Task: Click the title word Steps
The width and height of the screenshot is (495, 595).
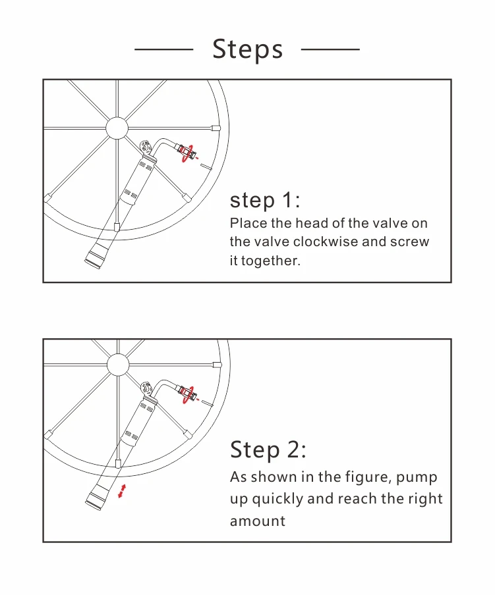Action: (247, 49)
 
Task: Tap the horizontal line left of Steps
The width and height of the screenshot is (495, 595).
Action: (163, 49)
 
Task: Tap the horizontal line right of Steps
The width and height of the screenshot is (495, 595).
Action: (330, 49)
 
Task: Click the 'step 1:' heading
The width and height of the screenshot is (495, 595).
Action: (265, 200)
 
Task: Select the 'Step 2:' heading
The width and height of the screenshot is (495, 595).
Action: (268, 450)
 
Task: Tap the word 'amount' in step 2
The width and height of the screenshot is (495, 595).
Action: (258, 521)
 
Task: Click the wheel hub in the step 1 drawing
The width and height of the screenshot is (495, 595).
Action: (117, 128)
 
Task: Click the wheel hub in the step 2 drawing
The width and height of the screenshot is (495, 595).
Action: (118, 365)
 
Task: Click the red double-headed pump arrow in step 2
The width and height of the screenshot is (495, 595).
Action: (122, 491)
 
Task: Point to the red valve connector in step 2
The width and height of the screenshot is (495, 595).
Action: (188, 394)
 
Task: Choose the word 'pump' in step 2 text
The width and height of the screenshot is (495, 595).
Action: (417, 478)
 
